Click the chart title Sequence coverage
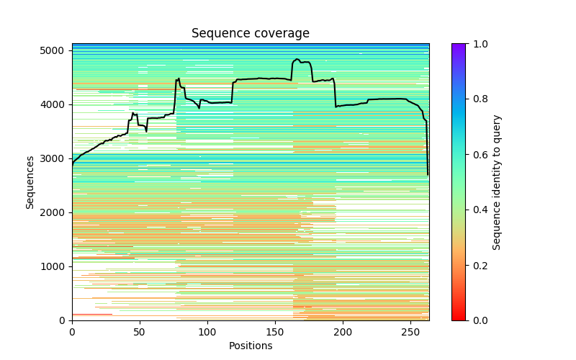250,34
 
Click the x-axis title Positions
250,346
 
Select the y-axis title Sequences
30,181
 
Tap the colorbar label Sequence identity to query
497,182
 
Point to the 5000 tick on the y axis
57,50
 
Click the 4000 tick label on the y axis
57,104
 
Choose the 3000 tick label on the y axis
57,158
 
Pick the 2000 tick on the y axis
57,212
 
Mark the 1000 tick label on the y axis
57,266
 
